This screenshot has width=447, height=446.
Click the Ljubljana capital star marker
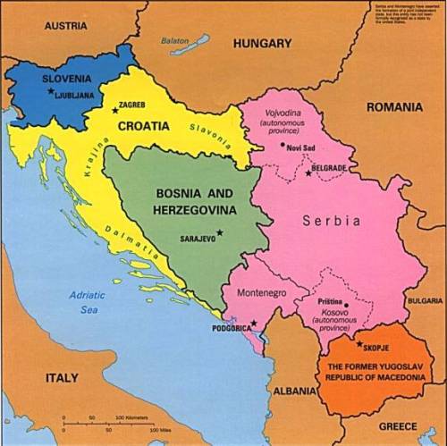(50, 90)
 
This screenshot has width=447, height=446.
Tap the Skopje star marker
(359, 344)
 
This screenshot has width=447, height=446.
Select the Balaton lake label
(176, 41)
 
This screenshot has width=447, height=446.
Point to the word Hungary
(262, 43)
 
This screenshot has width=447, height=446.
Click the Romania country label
(394, 106)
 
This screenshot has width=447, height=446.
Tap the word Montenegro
(260, 293)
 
